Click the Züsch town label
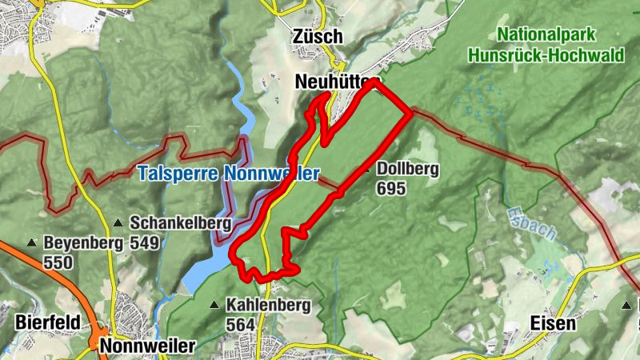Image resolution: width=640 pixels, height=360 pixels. click(x=318, y=37)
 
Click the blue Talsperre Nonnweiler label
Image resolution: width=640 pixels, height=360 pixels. click(x=227, y=173)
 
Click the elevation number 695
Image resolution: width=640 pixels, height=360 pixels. click(x=392, y=189)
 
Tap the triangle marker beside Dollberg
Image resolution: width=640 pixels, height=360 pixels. click(x=366, y=170)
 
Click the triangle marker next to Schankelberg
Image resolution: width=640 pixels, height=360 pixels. click(x=118, y=223)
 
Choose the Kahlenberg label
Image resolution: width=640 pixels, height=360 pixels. click(x=263, y=305)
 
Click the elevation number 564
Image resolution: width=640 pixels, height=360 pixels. click(x=241, y=325)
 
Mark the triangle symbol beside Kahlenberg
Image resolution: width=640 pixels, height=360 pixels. click(x=214, y=305)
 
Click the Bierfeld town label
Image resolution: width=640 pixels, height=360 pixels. click(x=47, y=322)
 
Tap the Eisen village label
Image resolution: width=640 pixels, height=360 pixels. click(x=553, y=323)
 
